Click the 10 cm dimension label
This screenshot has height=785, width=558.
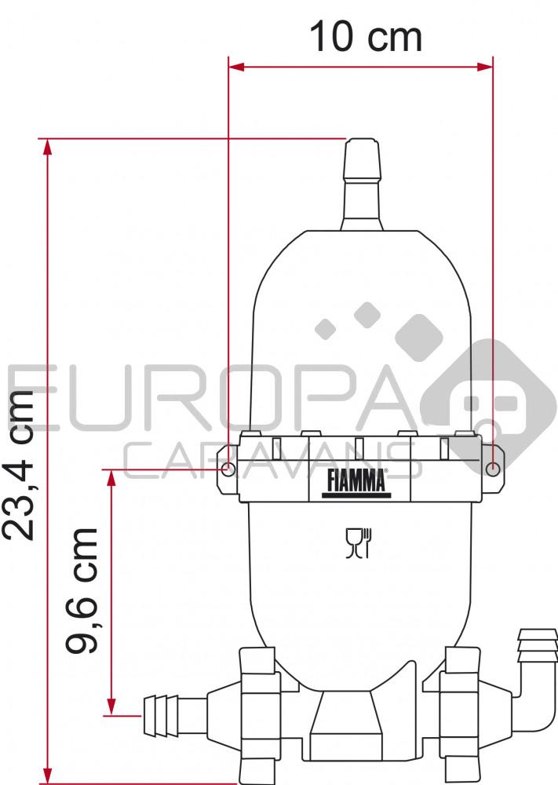pyautogui.click(x=366, y=37)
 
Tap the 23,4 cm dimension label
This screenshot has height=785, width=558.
pyautogui.click(x=19, y=463)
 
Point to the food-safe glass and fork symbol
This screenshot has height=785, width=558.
pyautogui.click(x=359, y=542)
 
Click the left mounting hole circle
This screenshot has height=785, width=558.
pyautogui.click(x=228, y=469)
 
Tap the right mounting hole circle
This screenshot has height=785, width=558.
pyautogui.click(x=493, y=469)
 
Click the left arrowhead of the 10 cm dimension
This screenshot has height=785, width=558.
pyautogui.click(x=235, y=67)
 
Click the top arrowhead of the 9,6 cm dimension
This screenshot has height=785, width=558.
pyautogui.click(x=112, y=478)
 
